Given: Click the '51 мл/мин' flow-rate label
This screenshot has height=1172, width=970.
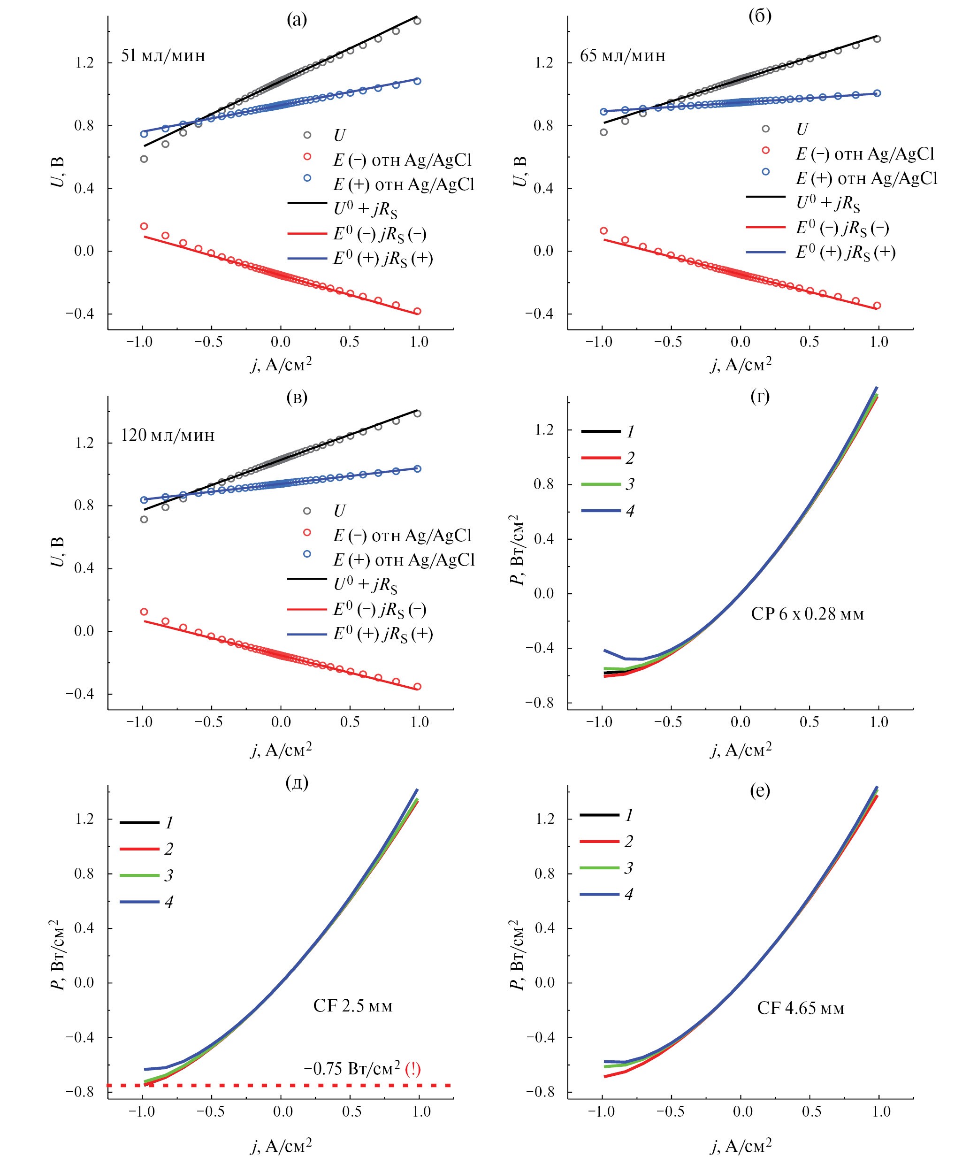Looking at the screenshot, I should [x=163, y=56].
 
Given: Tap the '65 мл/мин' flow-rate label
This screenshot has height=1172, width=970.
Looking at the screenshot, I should [x=622, y=56].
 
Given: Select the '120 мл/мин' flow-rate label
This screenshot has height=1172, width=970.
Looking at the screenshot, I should [x=168, y=435].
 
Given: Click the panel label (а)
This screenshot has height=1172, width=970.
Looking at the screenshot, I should [x=297, y=20].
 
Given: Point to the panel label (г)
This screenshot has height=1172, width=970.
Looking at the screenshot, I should [x=760, y=396].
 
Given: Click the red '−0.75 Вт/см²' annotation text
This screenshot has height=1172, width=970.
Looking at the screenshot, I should [x=362, y=1069].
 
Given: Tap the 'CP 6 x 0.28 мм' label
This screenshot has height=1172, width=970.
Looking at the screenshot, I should [x=807, y=614].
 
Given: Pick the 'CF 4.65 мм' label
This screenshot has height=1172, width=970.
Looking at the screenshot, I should [x=800, y=1008].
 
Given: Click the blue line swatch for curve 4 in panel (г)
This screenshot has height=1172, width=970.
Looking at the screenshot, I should [x=601, y=511].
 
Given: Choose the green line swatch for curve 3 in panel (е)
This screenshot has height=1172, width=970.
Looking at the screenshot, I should [x=599, y=868].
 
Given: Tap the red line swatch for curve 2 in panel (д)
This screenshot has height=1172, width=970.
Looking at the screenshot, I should [x=139, y=849].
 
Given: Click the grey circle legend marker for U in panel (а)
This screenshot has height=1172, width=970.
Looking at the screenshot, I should [x=307, y=135].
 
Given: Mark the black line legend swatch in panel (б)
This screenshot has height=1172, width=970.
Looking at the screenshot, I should [x=766, y=197].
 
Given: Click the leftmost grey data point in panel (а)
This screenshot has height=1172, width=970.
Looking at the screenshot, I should [x=144, y=159].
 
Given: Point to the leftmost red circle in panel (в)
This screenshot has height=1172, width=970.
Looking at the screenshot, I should [x=144, y=612].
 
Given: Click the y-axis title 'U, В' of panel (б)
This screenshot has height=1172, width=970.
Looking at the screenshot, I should [x=519, y=171].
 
